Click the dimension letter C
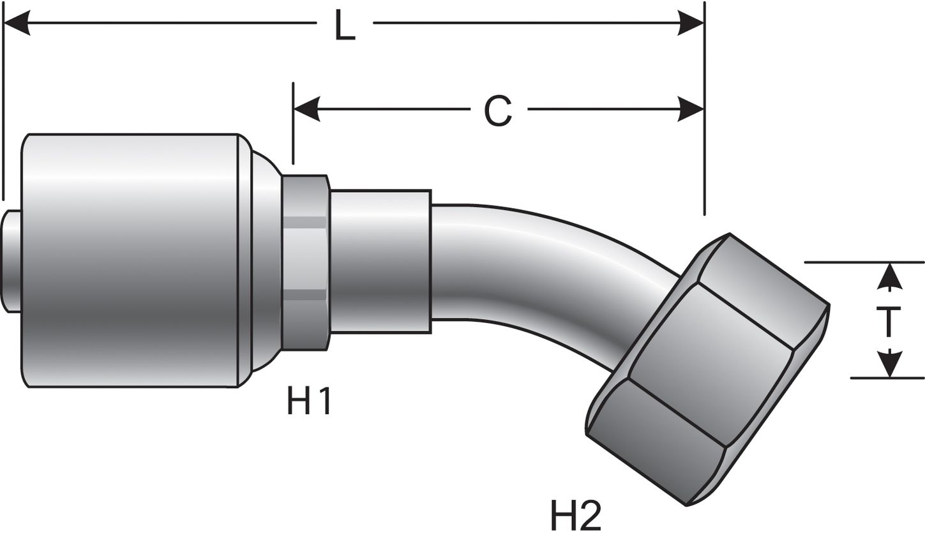point(497,111)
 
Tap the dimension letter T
point(889,321)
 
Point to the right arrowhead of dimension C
point(691,110)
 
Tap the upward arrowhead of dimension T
point(889,277)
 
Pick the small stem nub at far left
point(11,261)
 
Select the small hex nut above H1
point(305,262)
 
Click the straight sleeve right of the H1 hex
point(380,261)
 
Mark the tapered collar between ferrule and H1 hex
point(266,260)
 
